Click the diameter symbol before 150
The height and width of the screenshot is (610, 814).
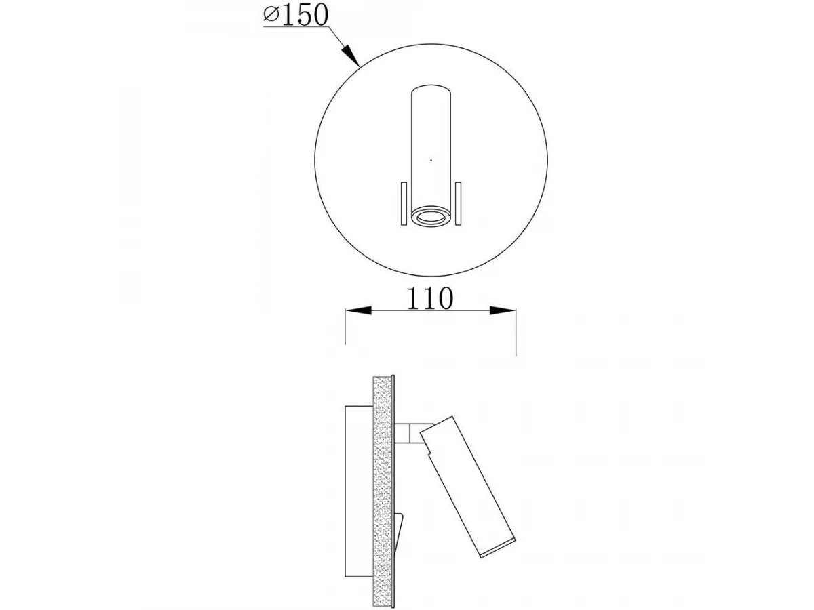point(271,16)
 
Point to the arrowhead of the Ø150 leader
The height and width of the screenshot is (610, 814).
point(351,56)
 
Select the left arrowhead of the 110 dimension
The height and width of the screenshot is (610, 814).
point(358,310)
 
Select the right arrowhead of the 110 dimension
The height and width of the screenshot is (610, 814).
point(503,310)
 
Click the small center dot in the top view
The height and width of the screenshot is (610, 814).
point(431,160)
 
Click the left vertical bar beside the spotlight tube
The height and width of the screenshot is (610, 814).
point(404,203)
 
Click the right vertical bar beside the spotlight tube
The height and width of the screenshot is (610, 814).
point(458,203)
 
